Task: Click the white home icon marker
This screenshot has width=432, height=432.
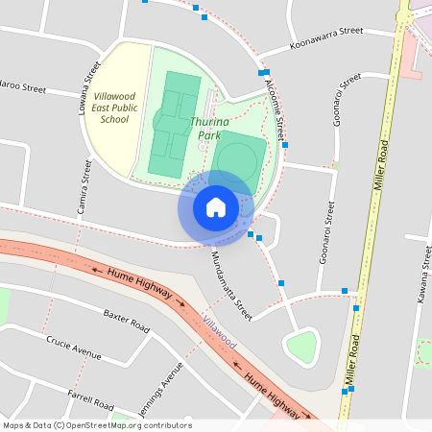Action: click(216, 206)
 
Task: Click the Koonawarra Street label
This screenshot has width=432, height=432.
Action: click(325, 39)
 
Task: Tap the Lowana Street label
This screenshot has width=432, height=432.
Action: click(89, 87)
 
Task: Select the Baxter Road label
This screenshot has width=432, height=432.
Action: click(127, 321)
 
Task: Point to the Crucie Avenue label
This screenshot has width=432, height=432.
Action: click(74, 348)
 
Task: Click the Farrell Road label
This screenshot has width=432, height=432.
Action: click(92, 396)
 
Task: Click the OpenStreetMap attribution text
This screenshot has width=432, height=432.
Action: click(97, 425)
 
